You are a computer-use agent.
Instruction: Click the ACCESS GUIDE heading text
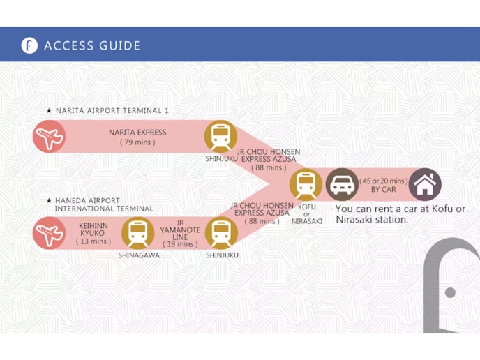pyautogui.click(x=92, y=45)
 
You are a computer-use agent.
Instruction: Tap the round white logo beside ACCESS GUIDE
pyautogui.click(x=29, y=45)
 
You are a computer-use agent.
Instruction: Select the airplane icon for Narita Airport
pyautogui.click(x=49, y=137)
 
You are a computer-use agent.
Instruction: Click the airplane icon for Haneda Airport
pyautogui.click(x=49, y=233)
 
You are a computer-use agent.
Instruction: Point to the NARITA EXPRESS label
pyautogui.click(x=137, y=133)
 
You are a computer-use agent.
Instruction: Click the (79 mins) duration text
pyautogui.click(x=137, y=142)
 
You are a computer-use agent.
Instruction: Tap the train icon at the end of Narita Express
pyautogui.click(x=220, y=137)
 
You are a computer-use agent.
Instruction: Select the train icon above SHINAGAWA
pyautogui.click(x=137, y=233)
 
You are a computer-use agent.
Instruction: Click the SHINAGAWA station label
pyautogui.click(x=139, y=255)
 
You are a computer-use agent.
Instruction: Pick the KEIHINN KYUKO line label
pyautogui.click(x=93, y=230)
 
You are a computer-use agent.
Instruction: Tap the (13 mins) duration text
pyautogui.click(x=93, y=241)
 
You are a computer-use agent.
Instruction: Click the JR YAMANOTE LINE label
pyautogui.click(x=180, y=230)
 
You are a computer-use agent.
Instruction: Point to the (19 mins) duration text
pyautogui.click(x=180, y=244)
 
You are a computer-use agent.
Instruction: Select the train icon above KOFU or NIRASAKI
pyautogui.click(x=306, y=185)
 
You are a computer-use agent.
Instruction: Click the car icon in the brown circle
pyautogui.click(x=342, y=185)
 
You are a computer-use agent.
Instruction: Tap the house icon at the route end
pyautogui.click(x=425, y=185)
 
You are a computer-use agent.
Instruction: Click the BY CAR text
pyautogui.click(x=384, y=190)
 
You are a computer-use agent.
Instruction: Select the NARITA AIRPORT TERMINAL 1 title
pyautogui.click(x=112, y=110)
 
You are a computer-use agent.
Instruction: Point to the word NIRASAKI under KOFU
pyautogui.click(x=307, y=221)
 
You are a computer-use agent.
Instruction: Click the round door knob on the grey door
pyautogui.click(x=450, y=292)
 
